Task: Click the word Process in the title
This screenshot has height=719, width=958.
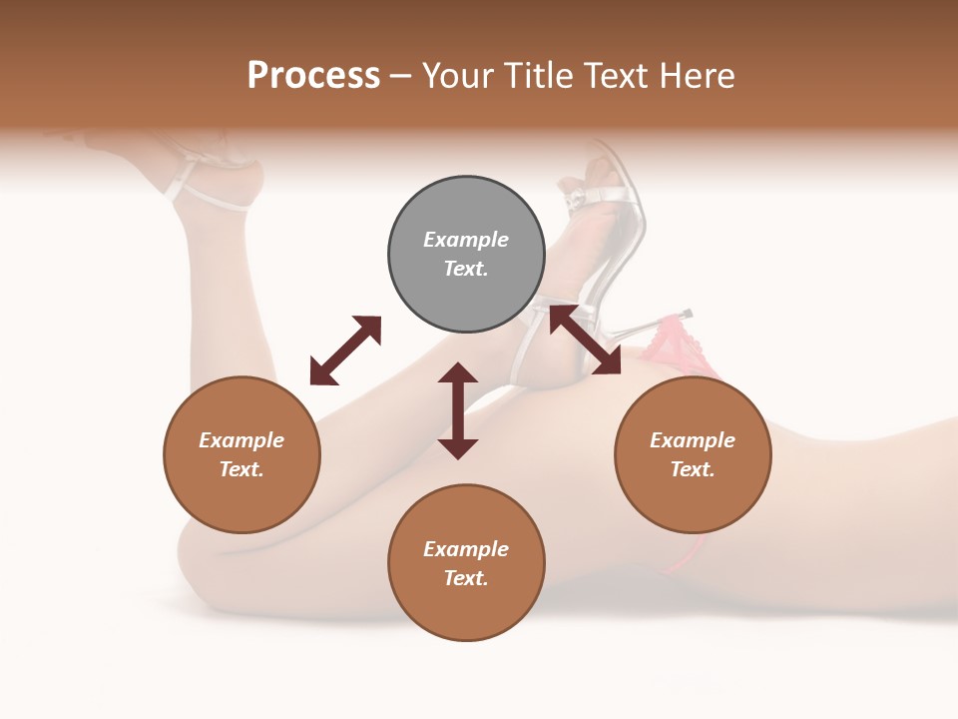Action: click(x=313, y=76)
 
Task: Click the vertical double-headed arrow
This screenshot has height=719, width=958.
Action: click(x=458, y=410)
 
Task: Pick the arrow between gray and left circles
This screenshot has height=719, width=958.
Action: click(x=346, y=350)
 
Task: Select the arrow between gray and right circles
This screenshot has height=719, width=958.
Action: click(x=585, y=340)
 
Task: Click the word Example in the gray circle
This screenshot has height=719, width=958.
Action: click(x=466, y=240)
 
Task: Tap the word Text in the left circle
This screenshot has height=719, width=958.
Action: click(x=241, y=469)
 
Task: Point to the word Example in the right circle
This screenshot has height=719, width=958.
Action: click(x=693, y=440)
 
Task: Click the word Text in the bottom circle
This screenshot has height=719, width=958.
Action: click(x=466, y=578)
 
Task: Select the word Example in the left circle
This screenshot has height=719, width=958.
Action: click(x=241, y=440)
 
